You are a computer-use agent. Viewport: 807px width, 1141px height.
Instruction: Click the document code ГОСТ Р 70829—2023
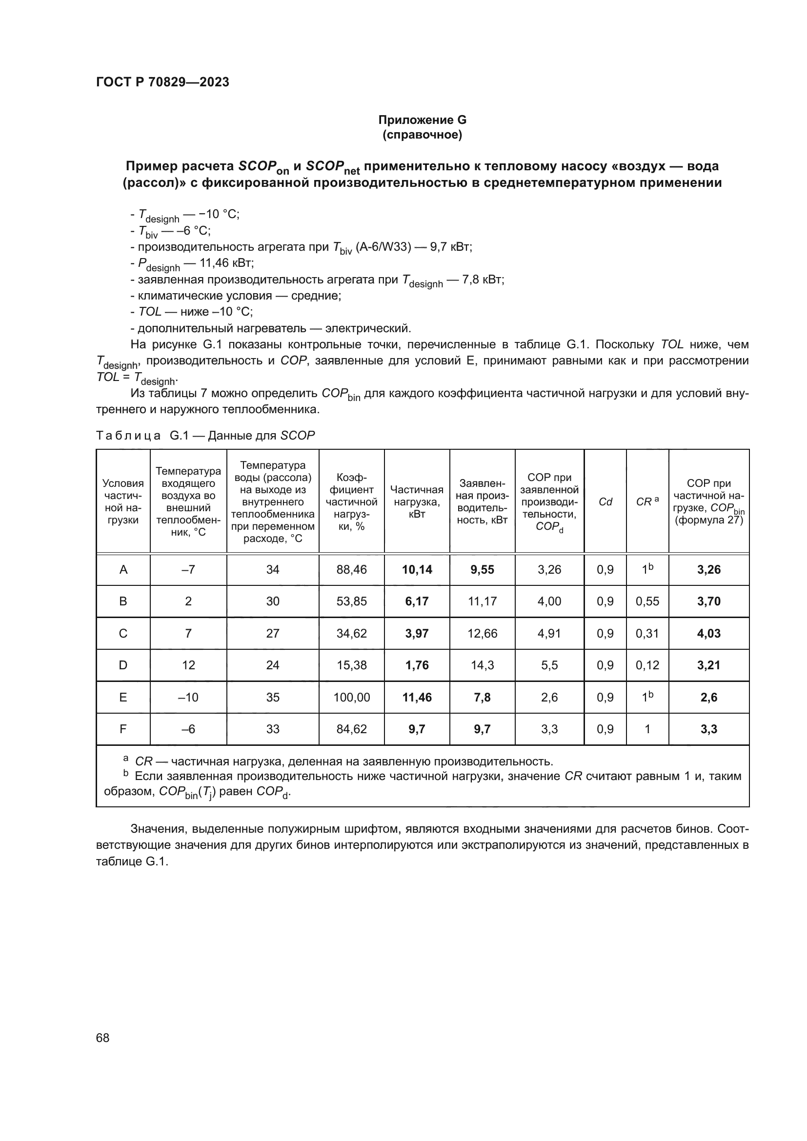click(162, 82)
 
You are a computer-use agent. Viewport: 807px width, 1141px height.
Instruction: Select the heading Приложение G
click(423, 120)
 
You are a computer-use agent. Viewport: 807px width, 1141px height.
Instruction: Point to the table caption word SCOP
click(298, 436)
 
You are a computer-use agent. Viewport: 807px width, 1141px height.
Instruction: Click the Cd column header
click(605, 501)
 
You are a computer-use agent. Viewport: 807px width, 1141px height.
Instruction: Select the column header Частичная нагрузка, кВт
click(416, 501)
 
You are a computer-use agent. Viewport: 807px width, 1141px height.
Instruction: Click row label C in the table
click(123, 633)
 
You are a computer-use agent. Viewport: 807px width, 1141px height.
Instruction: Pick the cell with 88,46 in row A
click(351, 569)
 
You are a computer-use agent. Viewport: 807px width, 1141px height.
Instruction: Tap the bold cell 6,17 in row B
click(416, 601)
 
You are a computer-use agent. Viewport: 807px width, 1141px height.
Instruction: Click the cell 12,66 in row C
click(482, 633)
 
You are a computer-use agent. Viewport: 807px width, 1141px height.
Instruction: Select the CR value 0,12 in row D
click(647, 665)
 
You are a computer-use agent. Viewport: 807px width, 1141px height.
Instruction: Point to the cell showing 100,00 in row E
click(351, 697)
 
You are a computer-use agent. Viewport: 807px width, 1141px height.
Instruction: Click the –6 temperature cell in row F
click(188, 729)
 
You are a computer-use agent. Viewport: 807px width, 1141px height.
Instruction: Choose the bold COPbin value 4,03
click(708, 633)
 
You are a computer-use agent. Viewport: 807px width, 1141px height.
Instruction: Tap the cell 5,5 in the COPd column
click(549, 665)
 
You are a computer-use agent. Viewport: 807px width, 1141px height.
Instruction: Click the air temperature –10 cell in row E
click(188, 697)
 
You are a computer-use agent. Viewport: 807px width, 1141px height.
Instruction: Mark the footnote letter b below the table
click(126, 774)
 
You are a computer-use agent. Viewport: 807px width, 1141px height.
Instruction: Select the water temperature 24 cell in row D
click(272, 665)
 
